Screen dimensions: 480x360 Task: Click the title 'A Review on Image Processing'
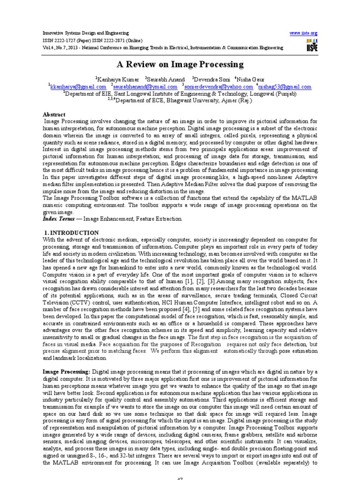click(180, 64)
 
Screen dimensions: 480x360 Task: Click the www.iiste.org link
click(304, 33)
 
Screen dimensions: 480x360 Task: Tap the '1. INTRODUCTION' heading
click(71, 232)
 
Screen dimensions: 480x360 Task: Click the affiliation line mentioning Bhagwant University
click(180, 100)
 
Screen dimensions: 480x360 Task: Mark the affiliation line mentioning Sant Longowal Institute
click(180, 93)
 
